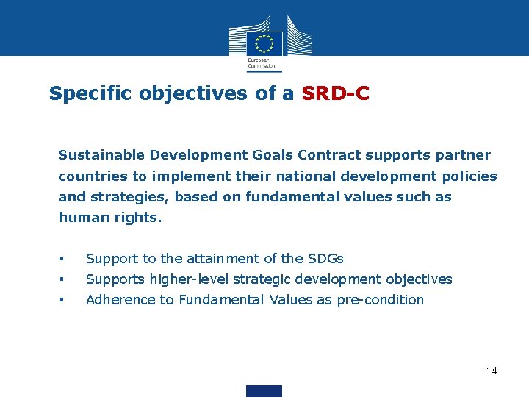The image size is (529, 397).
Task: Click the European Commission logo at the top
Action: (264, 42)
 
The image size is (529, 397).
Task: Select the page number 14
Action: (492, 371)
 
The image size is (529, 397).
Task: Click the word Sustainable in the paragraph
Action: (101, 155)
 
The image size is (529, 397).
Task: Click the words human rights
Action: (109, 218)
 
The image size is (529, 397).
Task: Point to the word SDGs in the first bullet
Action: (325, 259)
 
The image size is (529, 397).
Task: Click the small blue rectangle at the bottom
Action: (264, 390)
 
